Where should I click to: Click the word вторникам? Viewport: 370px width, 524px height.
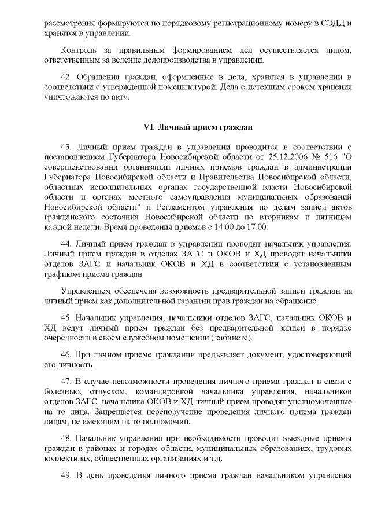click(x=286, y=217)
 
